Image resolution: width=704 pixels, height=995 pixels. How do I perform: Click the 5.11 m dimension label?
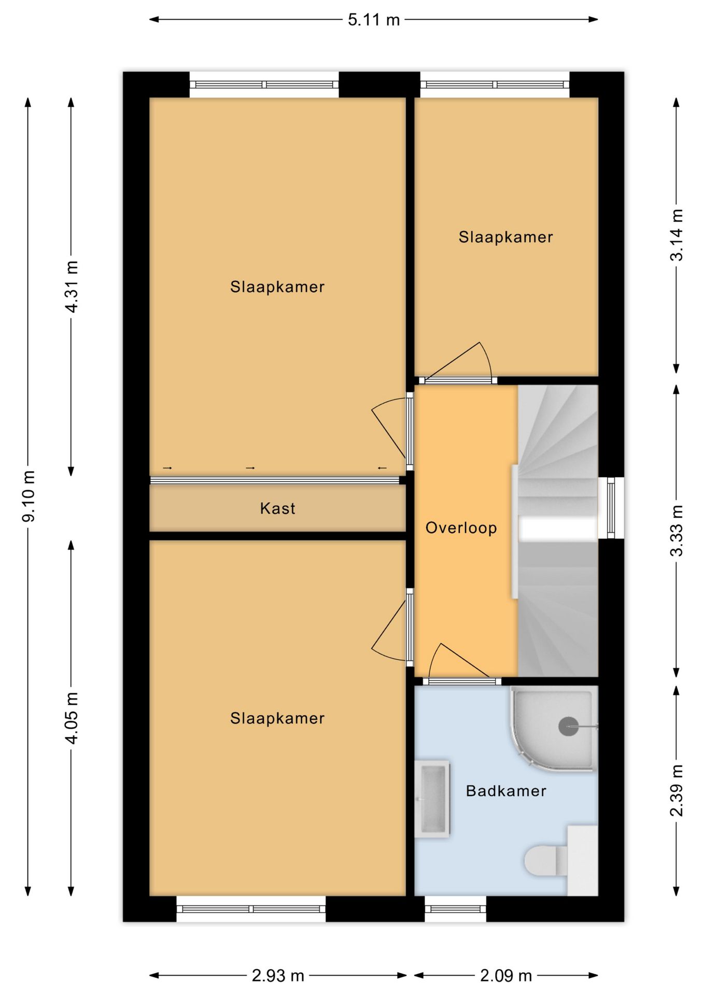coord(373,20)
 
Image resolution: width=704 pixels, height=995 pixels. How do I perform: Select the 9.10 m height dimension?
coord(29,496)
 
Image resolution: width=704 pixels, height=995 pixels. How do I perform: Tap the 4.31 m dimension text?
coord(71,287)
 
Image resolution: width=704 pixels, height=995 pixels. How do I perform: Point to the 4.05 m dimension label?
coord(71,718)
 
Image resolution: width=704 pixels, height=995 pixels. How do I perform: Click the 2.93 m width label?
coord(277,976)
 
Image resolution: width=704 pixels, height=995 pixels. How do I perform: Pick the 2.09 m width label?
coord(505,976)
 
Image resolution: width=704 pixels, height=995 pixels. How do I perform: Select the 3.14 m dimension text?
coord(677,235)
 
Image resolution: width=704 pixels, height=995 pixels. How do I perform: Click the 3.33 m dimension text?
coord(677,531)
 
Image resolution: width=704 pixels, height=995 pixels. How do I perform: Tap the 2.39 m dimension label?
coord(677,790)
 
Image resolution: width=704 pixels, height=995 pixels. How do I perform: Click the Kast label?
coord(277,508)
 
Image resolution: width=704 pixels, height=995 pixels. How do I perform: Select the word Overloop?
coord(461,528)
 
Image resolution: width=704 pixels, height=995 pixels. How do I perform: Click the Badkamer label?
coord(505,791)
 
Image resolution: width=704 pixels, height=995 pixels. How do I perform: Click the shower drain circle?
coord(568,727)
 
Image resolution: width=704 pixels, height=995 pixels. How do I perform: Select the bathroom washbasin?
coord(432,799)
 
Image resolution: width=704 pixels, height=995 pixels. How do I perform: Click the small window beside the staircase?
coord(611,508)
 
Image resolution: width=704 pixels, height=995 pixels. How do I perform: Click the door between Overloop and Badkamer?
coord(462,680)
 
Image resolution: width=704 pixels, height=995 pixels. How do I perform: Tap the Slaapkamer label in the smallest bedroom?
coord(505,237)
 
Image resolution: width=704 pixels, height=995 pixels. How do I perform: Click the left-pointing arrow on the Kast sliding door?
coord(382,468)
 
